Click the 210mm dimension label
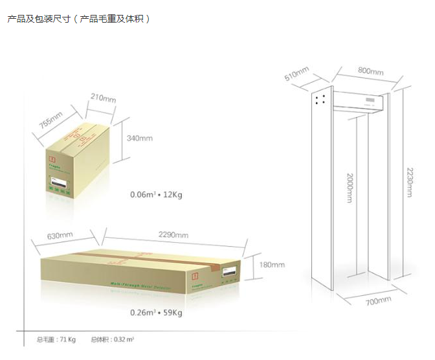click(x=104, y=98)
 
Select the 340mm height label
click(x=140, y=138)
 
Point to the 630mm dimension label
click(x=60, y=235)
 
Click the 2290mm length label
click(x=173, y=234)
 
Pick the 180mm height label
click(x=271, y=265)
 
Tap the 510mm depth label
click(x=297, y=74)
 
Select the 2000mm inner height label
click(x=350, y=188)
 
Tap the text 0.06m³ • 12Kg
click(x=156, y=194)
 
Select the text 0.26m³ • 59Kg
click(x=156, y=313)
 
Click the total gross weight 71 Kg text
click(x=56, y=339)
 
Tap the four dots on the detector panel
click(x=319, y=98)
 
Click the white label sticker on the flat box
click(x=230, y=273)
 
